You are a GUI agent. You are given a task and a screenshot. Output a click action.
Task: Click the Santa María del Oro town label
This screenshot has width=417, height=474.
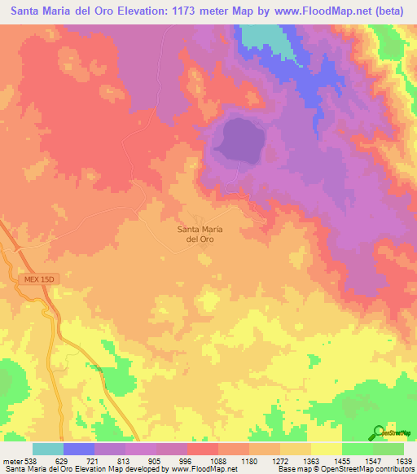click(200, 235)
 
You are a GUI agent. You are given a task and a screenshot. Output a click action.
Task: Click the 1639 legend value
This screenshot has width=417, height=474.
click(403, 462)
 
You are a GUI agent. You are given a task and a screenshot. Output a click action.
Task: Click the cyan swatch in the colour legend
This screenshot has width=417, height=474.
click(48, 449)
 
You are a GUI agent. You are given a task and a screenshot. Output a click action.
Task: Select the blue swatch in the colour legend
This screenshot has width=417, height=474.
click(79, 449)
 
